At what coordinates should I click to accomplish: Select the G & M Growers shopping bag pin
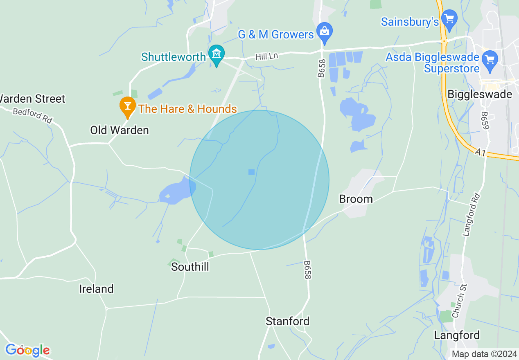click(x=325, y=32)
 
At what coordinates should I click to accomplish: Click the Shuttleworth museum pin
click(x=216, y=54)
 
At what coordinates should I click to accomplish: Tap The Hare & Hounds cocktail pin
click(x=128, y=106)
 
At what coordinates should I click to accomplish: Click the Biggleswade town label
click(x=480, y=94)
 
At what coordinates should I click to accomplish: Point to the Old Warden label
click(x=120, y=130)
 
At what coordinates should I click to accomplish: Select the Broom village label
click(x=356, y=199)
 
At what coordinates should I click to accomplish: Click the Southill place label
click(x=190, y=267)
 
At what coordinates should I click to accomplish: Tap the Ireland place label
click(x=96, y=289)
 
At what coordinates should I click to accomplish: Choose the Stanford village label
click(x=287, y=321)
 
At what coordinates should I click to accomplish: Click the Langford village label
click(x=456, y=335)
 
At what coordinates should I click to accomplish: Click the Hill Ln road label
click(x=266, y=56)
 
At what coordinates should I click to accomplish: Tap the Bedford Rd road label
click(x=32, y=116)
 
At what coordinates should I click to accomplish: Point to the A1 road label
click(x=481, y=153)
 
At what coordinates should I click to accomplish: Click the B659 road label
click(x=485, y=121)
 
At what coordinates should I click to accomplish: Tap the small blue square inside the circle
click(x=251, y=172)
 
